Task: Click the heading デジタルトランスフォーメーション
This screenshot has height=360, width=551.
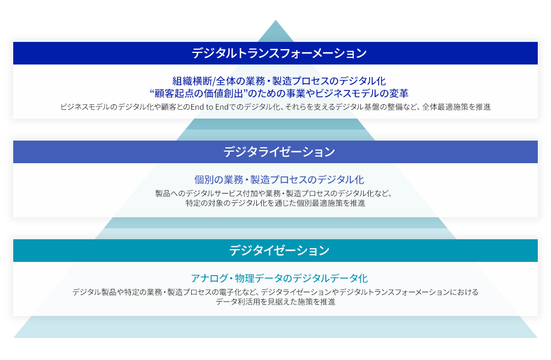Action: coord(279,53)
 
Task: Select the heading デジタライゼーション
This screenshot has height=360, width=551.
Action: coord(279,152)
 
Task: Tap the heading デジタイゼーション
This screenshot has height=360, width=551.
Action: coord(279,251)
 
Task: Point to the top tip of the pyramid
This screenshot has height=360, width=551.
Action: coord(275,20)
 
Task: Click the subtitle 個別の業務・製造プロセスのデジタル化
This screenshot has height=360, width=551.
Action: coord(279,180)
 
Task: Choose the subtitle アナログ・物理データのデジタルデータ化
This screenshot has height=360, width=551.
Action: coord(279,278)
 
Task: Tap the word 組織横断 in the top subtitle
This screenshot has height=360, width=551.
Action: coord(192,81)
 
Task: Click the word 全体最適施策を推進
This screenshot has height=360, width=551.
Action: coord(456,107)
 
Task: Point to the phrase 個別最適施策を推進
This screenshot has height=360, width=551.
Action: coord(331,203)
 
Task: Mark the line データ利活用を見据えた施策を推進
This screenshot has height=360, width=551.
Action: coord(275,302)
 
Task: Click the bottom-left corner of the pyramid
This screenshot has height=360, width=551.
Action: coord(14,337)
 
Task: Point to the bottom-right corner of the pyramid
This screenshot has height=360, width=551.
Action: coord(537,337)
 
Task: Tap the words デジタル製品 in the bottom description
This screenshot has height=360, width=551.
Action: coord(91,292)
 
